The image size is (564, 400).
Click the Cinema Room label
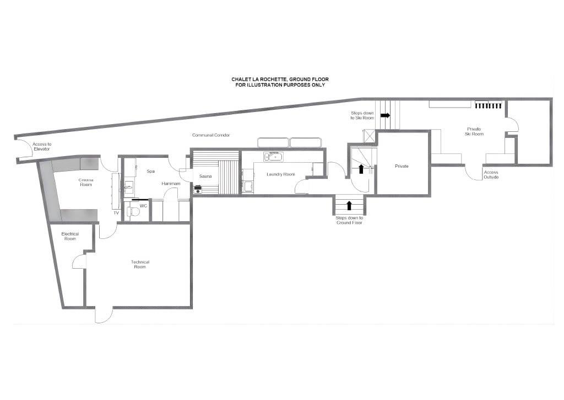(x=86, y=182)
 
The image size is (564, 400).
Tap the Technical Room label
(x=140, y=264)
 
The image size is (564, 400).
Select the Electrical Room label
(x=70, y=236)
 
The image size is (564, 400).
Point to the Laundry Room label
(x=280, y=174)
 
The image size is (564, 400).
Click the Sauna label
(x=205, y=176)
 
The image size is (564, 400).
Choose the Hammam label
(x=171, y=183)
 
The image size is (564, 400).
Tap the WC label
(x=143, y=206)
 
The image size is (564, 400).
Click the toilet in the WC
(x=133, y=211)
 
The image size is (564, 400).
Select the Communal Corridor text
(x=211, y=135)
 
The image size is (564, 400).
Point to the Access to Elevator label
(x=42, y=146)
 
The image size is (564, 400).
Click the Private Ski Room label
(x=474, y=131)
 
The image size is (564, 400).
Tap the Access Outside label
(x=491, y=174)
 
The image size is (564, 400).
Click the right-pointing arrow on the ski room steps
(x=385, y=115)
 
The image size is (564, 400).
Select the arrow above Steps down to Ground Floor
(x=349, y=205)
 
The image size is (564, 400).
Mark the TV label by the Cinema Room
(x=116, y=213)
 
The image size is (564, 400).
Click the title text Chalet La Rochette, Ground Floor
(x=280, y=79)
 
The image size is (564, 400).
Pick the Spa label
(x=151, y=171)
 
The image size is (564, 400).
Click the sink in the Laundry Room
(x=273, y=157)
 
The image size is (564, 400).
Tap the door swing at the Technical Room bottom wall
(x=104, y=316)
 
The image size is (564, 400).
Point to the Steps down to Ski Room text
(x=362, y=115)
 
